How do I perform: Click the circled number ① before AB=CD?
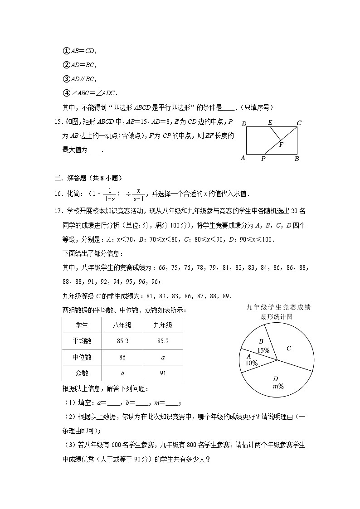pos(65,51)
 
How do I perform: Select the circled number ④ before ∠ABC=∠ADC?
pos(65,93)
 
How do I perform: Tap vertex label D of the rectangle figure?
pos(244,124)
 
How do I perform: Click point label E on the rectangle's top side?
pos(270,122)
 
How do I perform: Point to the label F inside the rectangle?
pos(281,145)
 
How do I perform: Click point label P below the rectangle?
pos(263,159)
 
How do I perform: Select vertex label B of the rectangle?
pos(297,159)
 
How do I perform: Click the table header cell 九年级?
pos(163,325)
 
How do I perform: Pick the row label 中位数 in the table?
pos(82,357)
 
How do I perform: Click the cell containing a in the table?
pos(163,357)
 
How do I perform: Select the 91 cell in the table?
pos(163,373)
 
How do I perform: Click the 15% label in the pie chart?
pos(263,350)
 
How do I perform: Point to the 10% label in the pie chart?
pos(252,363)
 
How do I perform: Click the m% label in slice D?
pos(278,387)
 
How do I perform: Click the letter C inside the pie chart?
pos(288,348)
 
